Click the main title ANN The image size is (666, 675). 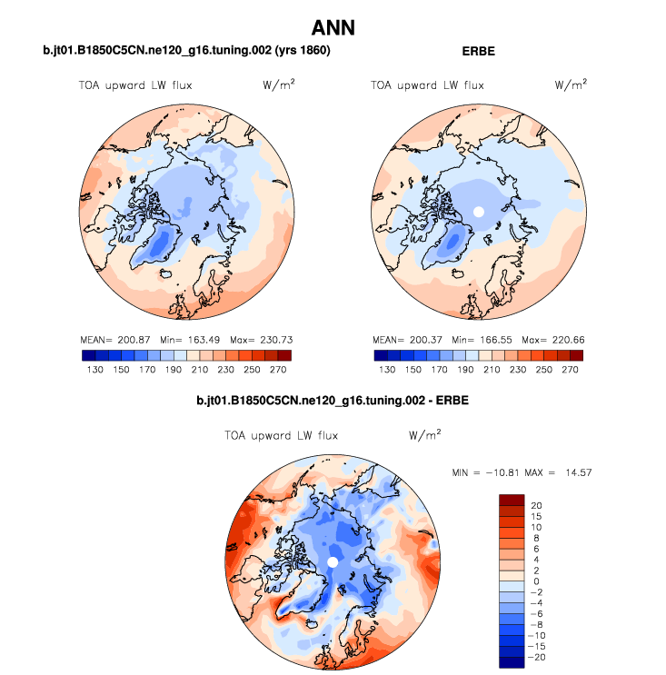[333, 29]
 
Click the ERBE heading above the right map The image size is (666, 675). [479, 52]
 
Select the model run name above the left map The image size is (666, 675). [186, 52]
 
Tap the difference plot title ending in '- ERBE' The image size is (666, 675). [332, 401]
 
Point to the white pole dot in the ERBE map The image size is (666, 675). [479, 211]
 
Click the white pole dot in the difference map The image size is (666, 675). [333, 563]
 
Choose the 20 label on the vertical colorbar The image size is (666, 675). [537, 504]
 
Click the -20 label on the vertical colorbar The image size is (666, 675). [536, 657]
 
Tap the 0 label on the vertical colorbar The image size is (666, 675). [537, 581]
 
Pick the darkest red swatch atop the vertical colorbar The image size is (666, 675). [512, 499]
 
